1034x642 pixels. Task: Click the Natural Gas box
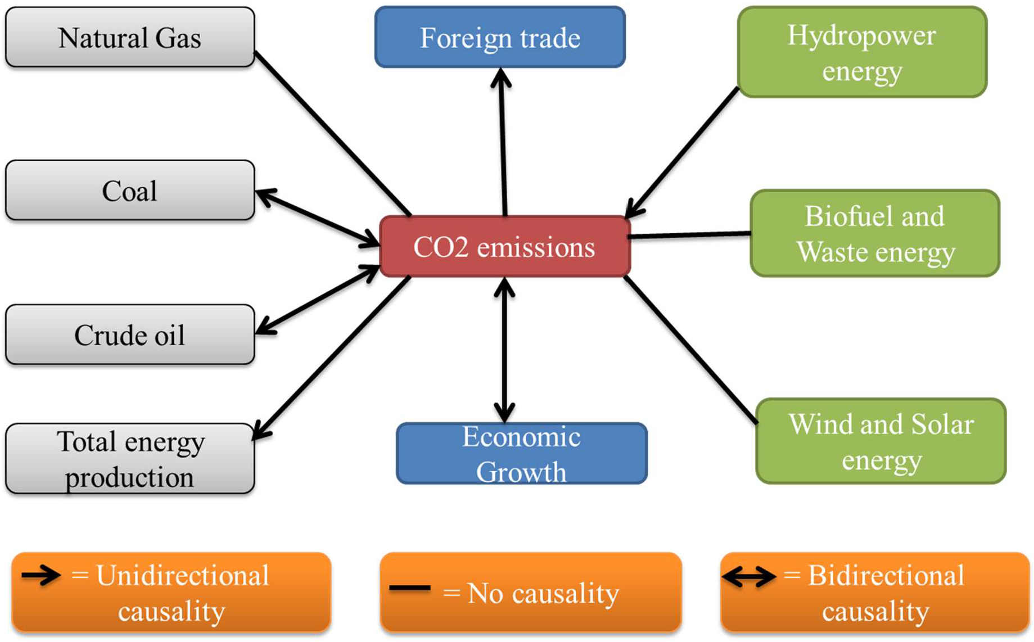[x=130, y=38]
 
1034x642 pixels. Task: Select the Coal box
[x=130, y=191]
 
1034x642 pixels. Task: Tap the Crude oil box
[x=130, y=335]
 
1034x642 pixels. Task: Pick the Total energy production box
[x=130, y=459]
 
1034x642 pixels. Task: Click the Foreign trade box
[x=500, y=38]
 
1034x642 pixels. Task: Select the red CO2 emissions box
[x=504, y=247]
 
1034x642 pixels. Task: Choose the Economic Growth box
[x=521, y=454]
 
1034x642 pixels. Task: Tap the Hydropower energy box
[x=862, y=52]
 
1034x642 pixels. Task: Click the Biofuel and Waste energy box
[x=875, y=233]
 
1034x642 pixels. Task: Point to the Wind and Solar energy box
[x=881, y=441]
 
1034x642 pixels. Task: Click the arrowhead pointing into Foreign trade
[x=500, y=77]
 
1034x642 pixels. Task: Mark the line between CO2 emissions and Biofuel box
[x=689, y=235]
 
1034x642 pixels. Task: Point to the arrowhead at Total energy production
[x=261, y=432]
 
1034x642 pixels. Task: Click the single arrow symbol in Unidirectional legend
[x=40, y=575]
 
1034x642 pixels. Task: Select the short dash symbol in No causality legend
[x=409, y=588]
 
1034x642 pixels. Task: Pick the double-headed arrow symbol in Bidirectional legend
[x=748, y=576]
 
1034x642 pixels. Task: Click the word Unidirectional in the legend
[x=183, y=576]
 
